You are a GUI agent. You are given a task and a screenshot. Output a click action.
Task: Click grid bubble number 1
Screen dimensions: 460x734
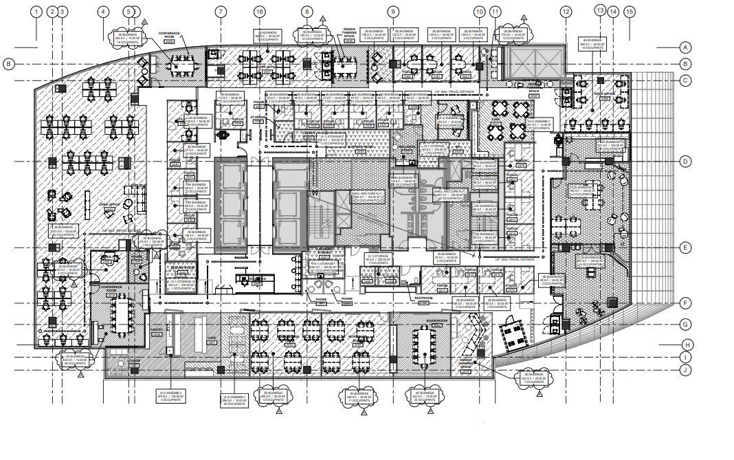click(36, 12)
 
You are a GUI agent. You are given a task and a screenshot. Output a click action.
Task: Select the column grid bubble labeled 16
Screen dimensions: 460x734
click(259, 12)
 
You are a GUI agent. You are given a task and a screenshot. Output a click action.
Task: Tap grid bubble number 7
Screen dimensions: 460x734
click(221, 12)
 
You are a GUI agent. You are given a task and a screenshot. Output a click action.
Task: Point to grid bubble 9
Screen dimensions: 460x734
click(393, 12)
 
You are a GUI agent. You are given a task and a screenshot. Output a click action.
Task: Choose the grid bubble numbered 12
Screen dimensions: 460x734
click(566, 12)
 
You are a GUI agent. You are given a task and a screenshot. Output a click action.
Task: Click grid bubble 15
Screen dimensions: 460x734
click(629, 12)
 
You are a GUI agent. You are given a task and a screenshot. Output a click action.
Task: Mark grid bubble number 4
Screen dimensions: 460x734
click(102, 12)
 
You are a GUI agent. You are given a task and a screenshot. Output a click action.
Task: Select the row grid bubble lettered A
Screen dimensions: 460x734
click(685, 47)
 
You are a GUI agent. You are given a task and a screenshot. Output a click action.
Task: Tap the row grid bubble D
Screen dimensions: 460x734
click(685, 162)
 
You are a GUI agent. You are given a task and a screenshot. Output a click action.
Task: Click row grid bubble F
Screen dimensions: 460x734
click(685, 303)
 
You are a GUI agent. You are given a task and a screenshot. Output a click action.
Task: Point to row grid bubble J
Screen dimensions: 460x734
click(685, 371)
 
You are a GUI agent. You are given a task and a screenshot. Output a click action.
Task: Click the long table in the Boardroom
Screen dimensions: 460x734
click(424, 347)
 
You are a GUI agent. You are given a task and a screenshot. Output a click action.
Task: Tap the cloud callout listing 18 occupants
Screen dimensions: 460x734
click(129, 37)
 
